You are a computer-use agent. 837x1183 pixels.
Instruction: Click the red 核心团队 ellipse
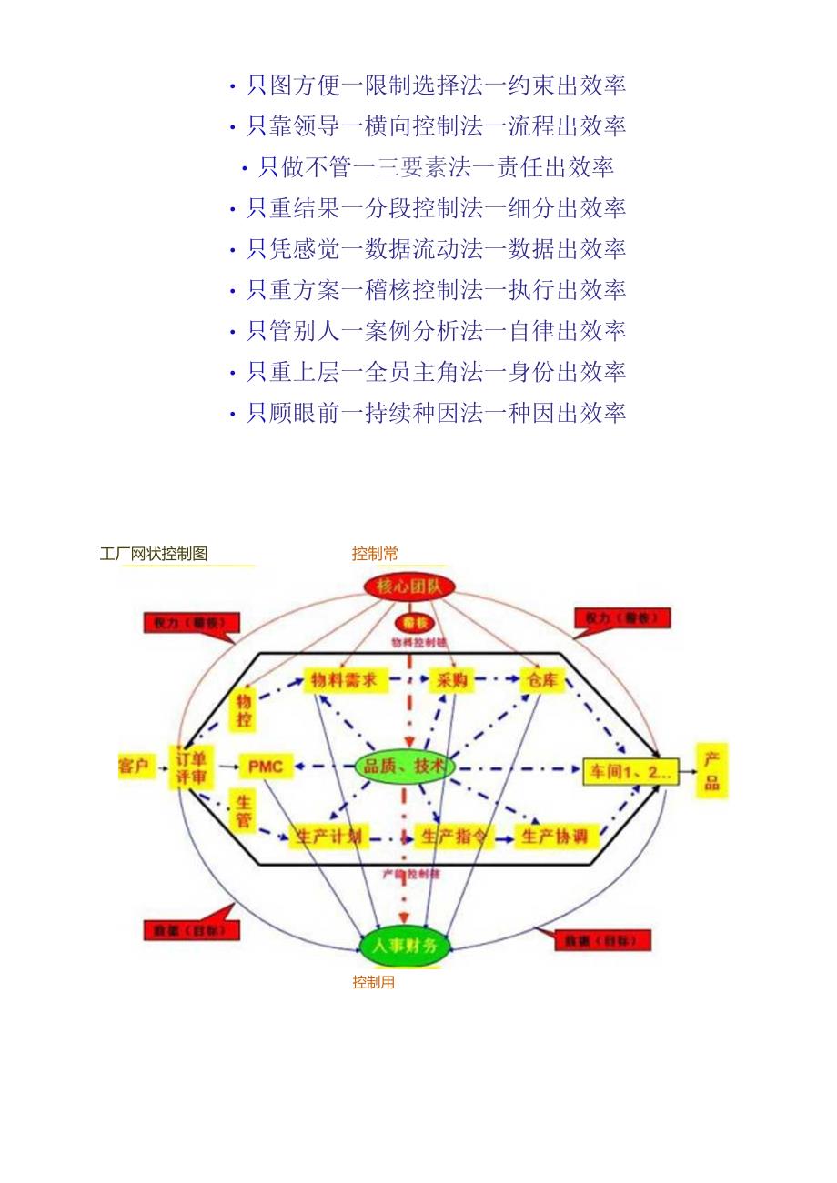(x=408, y=586)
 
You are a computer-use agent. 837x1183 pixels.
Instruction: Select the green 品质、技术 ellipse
(x=405, y=767)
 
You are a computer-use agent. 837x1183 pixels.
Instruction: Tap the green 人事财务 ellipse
(x=404, y=946)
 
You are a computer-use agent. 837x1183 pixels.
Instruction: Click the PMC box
(x=266, y=767)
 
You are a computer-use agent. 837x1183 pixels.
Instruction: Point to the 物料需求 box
(x=345, y=679)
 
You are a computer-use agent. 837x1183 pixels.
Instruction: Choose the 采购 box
(x=451, y=679)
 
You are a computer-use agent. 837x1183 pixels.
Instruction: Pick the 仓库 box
(x=543, y=679)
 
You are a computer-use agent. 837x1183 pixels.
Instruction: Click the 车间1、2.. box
(x=630, y=772)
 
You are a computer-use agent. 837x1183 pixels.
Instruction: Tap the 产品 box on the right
(x=711, y=771)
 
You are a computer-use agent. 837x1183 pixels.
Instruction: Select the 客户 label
(x=133, y=766)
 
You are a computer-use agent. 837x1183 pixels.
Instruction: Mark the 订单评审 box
(x=191, y=767)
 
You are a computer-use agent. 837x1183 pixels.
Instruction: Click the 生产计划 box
(x=328, y=837)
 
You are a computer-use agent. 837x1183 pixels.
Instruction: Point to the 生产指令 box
(x=454, y=837)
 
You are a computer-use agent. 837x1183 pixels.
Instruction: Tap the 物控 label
(x=243, y=710)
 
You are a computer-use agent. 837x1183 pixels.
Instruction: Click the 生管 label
(x=244, y=811)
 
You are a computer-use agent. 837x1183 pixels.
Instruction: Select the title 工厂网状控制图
(x=154, y=554)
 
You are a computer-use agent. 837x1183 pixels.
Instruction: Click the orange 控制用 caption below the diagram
(x=373, y=982)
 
